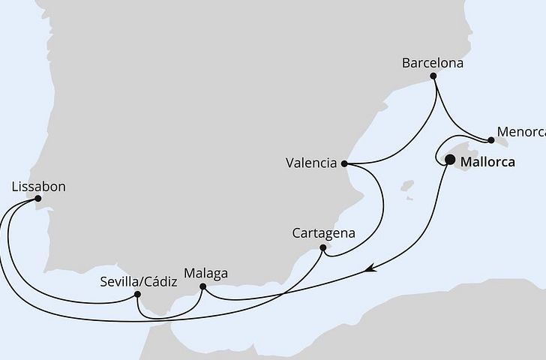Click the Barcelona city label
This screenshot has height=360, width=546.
[433, 63]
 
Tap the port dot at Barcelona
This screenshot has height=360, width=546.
[433, 76]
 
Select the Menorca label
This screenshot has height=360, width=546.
[520, 131]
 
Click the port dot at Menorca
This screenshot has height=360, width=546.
[490, 139]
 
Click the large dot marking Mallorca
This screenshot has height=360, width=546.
[450, 159]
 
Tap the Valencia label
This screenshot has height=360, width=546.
[310, 163]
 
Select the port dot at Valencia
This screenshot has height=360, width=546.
[343, 163]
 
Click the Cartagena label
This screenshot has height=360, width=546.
[323, 233]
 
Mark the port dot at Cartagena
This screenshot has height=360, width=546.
[322, 247]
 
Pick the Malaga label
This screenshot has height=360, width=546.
[204, 273]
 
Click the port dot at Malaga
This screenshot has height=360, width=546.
[203, 286]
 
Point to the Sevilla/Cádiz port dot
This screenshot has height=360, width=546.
[137, 295]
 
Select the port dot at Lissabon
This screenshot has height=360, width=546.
[38, 199]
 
